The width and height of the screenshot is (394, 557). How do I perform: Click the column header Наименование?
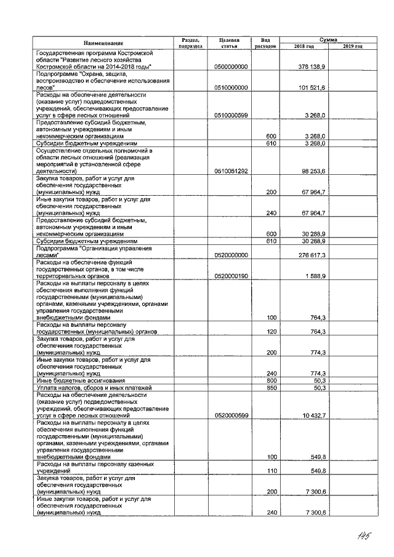(103, 43)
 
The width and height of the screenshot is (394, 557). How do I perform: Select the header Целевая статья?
(228, 43)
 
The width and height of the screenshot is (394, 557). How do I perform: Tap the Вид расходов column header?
(265, 43)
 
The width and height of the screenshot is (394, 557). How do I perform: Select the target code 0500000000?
(231, 66)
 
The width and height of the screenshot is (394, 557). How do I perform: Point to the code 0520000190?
(231, 276)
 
